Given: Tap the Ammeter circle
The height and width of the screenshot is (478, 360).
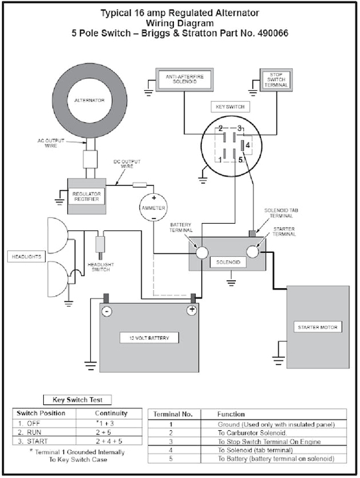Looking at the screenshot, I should tap(153, 206).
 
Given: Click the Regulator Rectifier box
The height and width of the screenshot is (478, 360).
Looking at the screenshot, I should tap(86, 195).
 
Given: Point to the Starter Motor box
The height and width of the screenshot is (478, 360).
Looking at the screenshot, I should tap(317, 327).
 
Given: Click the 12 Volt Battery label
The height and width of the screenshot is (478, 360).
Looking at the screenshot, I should tap(149, 338).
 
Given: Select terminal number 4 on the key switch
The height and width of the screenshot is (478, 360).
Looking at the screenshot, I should tap(247, 143).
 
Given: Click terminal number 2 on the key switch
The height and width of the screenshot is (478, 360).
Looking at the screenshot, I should tap(220, 127).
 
